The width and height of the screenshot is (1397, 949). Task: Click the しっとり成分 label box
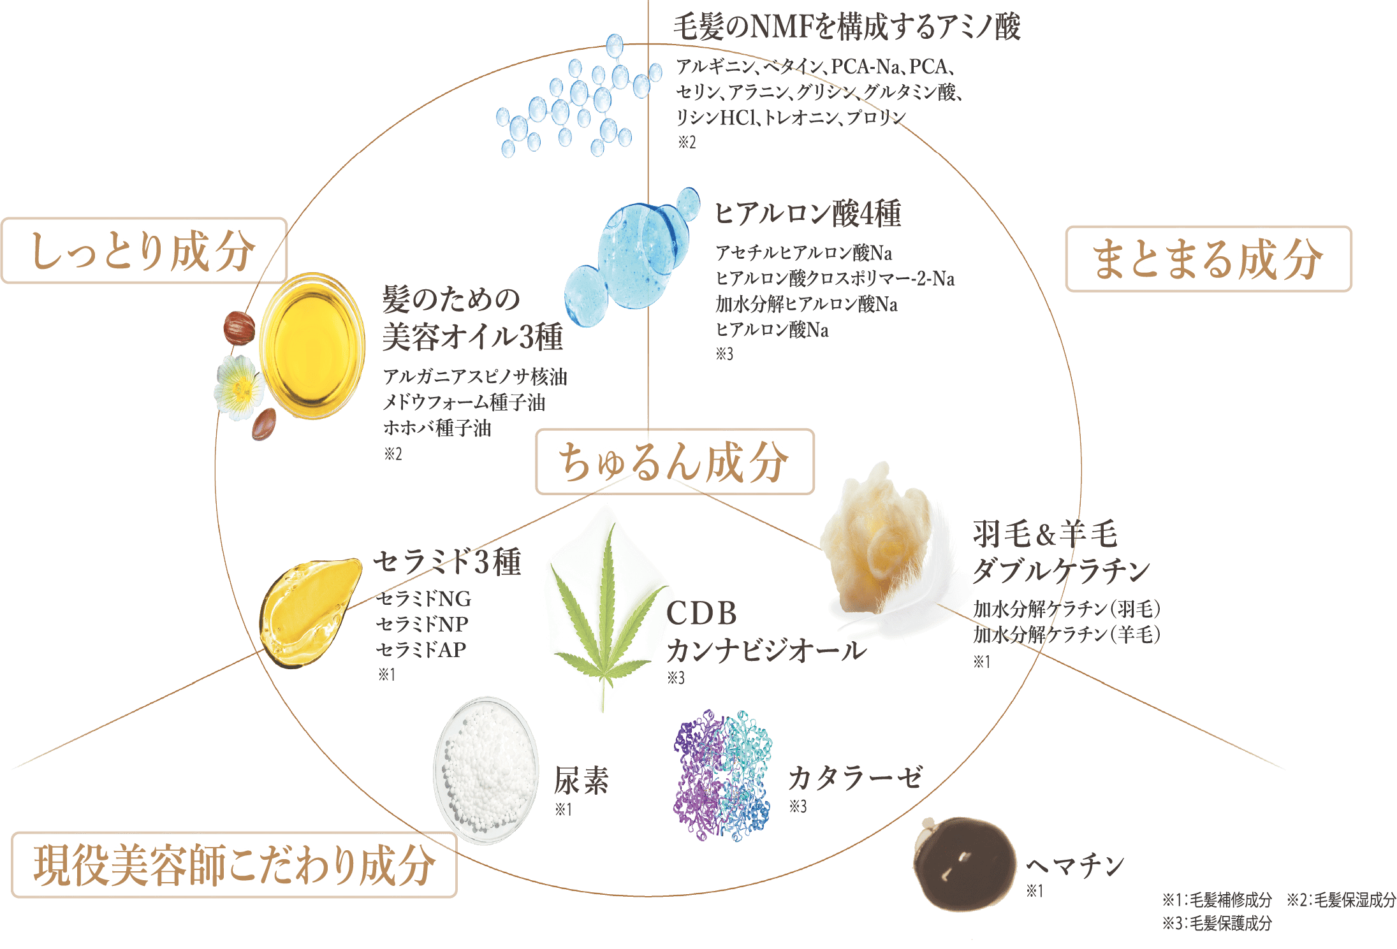143,251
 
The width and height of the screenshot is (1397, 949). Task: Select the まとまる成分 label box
1208,259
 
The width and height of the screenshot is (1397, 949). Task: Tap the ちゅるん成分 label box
674,462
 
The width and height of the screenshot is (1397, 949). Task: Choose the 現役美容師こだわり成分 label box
234,866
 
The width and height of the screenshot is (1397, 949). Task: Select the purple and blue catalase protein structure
722,774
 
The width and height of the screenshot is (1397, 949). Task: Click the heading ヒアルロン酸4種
807,214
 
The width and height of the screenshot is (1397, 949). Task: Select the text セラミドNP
422,624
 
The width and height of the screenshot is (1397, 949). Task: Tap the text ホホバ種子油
437,428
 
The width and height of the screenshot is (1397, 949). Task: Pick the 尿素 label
581,780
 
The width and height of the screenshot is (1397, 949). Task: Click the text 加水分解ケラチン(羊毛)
1066,635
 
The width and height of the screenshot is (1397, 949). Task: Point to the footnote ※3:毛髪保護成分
1216,923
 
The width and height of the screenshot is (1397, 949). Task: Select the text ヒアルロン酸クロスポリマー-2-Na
835,279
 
